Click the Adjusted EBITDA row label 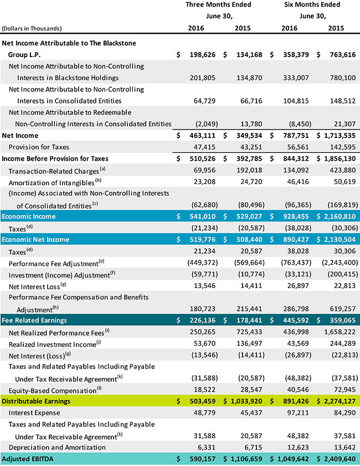click(32, 459)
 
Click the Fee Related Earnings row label click(34, 320)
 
